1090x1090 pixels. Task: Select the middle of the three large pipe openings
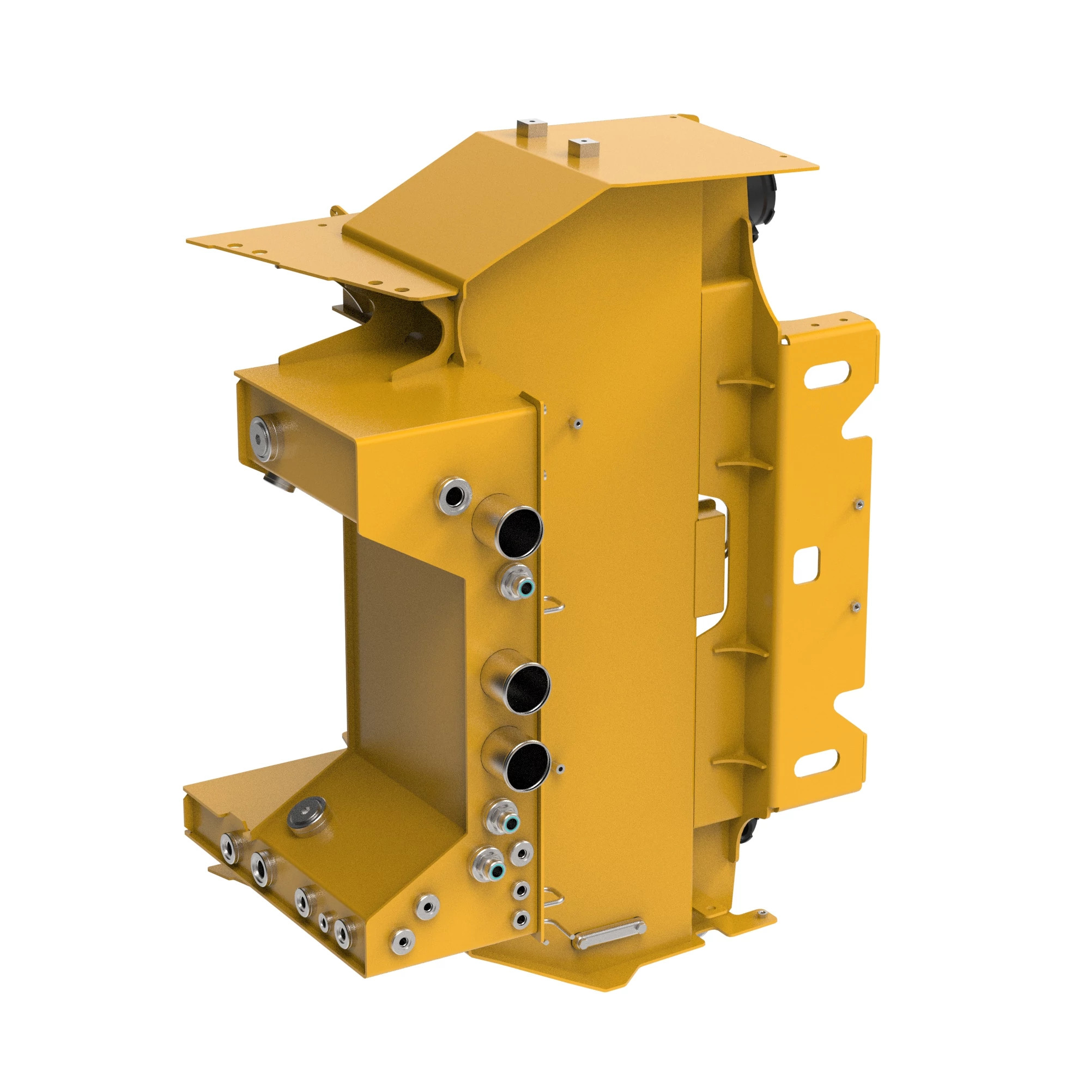pos(527,688)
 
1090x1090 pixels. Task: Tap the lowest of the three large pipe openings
pos(527,766)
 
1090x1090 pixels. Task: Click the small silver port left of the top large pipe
pos(453,496)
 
